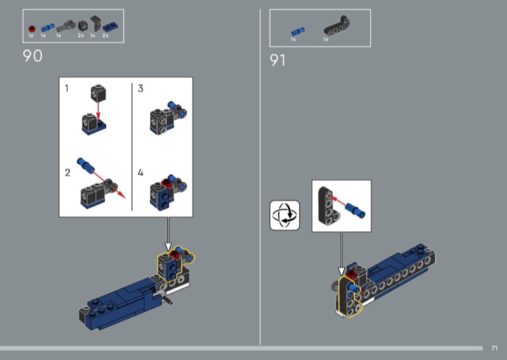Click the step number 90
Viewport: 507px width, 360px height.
click(x=32, y=56)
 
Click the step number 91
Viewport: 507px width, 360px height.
click(x=278, y=60)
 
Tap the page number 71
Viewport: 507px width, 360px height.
click(x=494, y=348)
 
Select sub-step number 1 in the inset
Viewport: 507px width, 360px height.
click(x=67, y=89)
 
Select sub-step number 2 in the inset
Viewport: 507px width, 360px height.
click(x=67, y=172)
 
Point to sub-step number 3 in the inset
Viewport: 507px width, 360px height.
click(x=141, y=89)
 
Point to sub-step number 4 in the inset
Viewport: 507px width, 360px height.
click(x=141, y=172)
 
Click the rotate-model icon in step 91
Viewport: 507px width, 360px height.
click(x=285, y=215)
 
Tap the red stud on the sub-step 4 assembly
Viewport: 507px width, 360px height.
click(x=168, y=184)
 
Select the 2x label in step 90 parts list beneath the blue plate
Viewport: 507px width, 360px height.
click(x=105, y=36)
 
